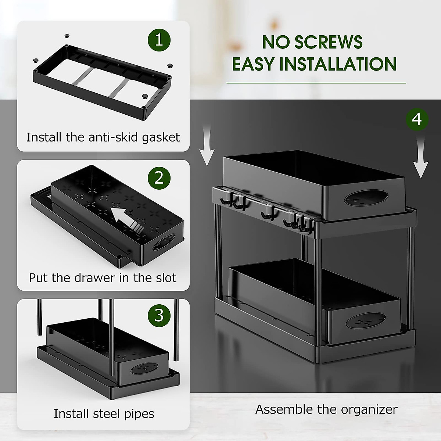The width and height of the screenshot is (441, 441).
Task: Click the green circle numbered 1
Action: (159, 40)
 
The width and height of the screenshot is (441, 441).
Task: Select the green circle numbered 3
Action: (159, 315)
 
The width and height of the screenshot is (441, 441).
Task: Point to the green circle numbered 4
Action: (417, 119)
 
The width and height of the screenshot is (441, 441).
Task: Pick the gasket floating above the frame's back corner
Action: (67, 36)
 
